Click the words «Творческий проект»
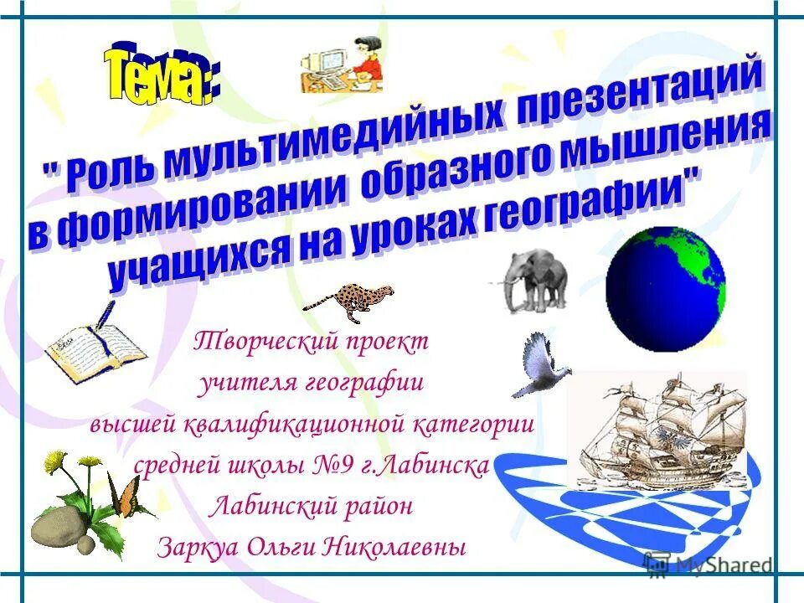tap(311, 341)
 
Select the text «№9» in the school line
tap(336, 465)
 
